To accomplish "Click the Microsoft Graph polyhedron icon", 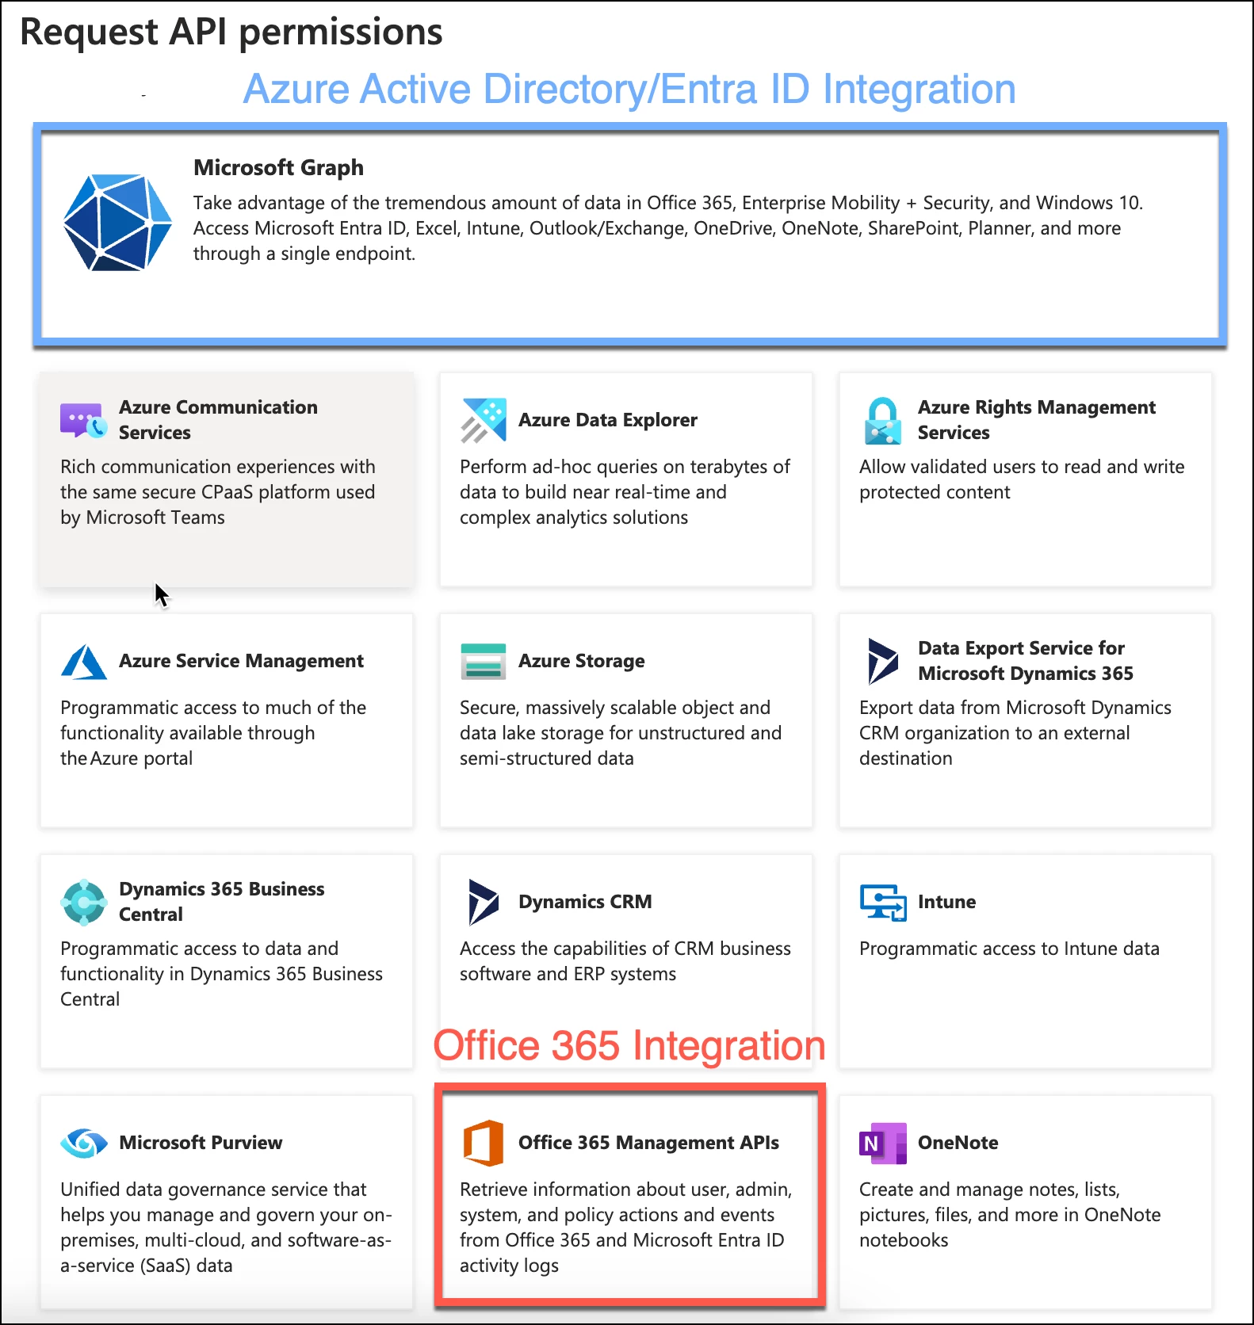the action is pyautogui.click(x=117, y=223).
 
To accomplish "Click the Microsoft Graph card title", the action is pyautogui.click(x=278, y=167).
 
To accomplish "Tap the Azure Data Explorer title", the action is pyautogui.click(x=608, y=420).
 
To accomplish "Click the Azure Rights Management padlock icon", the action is pyautogui.click(x=883, y=421).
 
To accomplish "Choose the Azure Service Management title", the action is pyautogui.click(x=241, y=661).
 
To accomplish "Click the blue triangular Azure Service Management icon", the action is pyautogui.click(x=84, y=662).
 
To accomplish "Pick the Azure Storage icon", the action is pyautogui.click(x=484, y=661).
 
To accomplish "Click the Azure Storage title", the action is pyautogui.click(x=582, y=661).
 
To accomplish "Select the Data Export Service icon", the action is pyautogui.click(x=882, y=661).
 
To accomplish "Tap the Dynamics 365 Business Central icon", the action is pyautogui.click(x=84, y=902).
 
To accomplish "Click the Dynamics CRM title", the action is pyautogui.click(x=585, y=902).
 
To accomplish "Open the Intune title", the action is pyautogui.click(x=946, y=902).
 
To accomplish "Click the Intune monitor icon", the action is pyautogui.click(x=883, y=903).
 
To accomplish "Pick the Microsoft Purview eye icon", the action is pyautogui.click(x=84, y=1143).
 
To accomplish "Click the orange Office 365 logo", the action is pyautogui.click(x=484, y=1143).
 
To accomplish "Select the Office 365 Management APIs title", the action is pyautogui.click(x=648, y=1143).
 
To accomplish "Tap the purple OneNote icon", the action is pyautogui.click(x=883, y=1143).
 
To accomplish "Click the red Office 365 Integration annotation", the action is pyautogui.click(x=629, y=1045).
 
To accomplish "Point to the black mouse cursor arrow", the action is pyautogui.click(x=161, y=594).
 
